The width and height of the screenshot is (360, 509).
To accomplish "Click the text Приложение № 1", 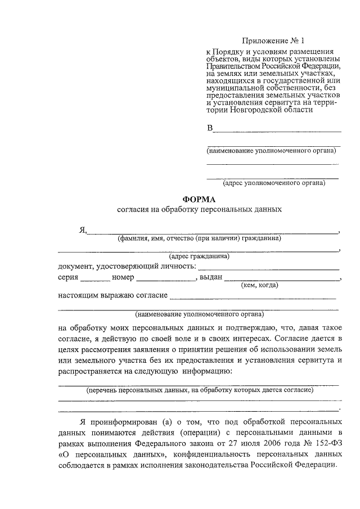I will [x=273, y=41].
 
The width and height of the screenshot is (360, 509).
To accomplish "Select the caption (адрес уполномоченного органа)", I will [x=274, y=183].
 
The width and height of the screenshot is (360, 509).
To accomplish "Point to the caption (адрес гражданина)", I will [x=199, y=256].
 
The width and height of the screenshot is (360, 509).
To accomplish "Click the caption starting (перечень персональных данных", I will [x=199, y=389].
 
